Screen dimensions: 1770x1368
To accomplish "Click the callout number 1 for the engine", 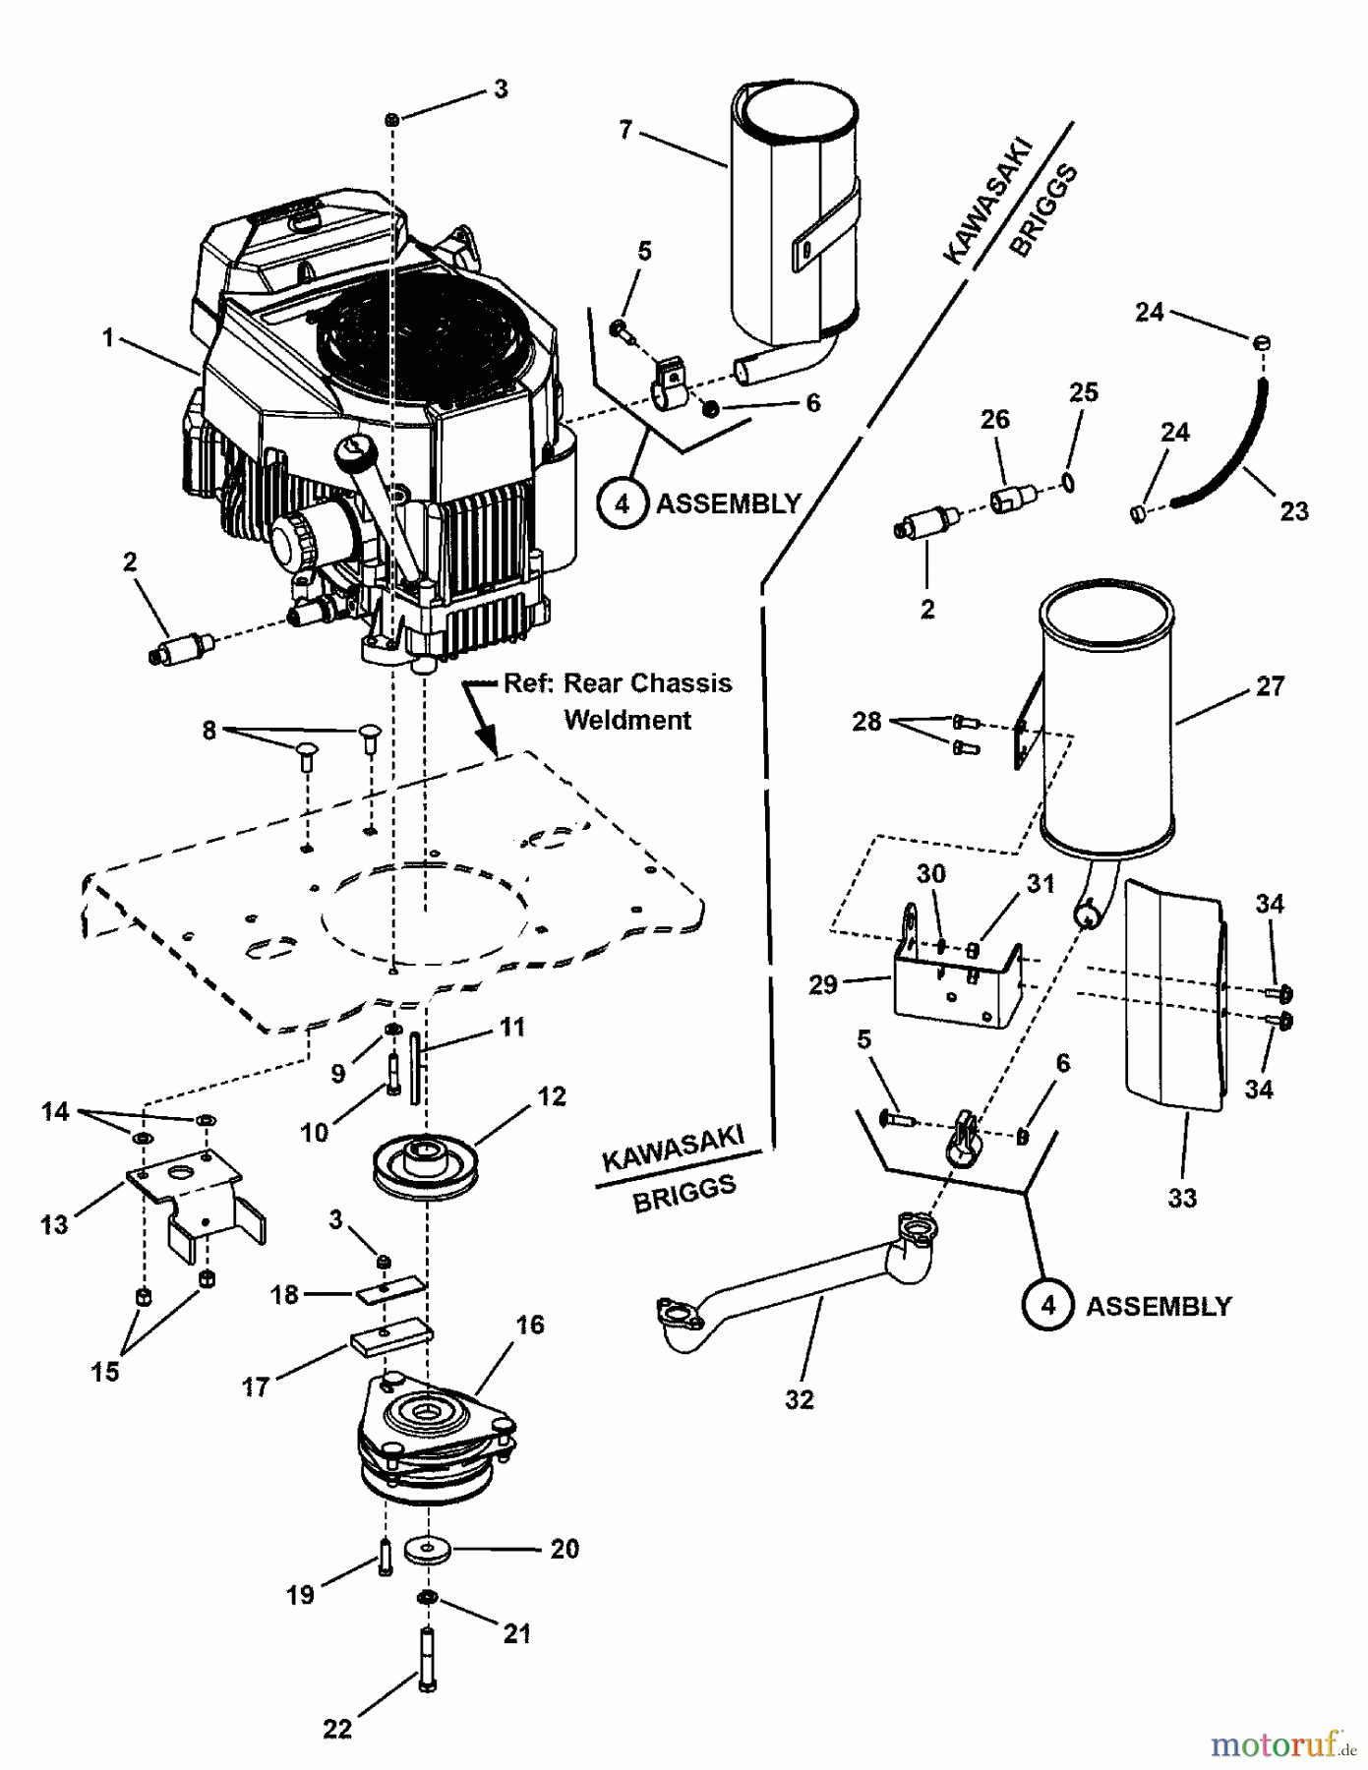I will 108,338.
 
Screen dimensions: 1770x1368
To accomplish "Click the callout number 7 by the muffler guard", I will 625,129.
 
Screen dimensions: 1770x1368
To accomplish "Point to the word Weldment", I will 627,720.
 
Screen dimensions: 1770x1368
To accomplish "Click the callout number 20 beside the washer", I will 565,1549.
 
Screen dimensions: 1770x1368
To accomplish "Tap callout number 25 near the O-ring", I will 1083,392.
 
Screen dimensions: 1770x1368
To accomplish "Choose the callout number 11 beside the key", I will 512,1028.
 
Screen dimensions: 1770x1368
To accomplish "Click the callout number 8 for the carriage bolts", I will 208,732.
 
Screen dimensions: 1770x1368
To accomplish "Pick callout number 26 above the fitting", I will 995,419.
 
